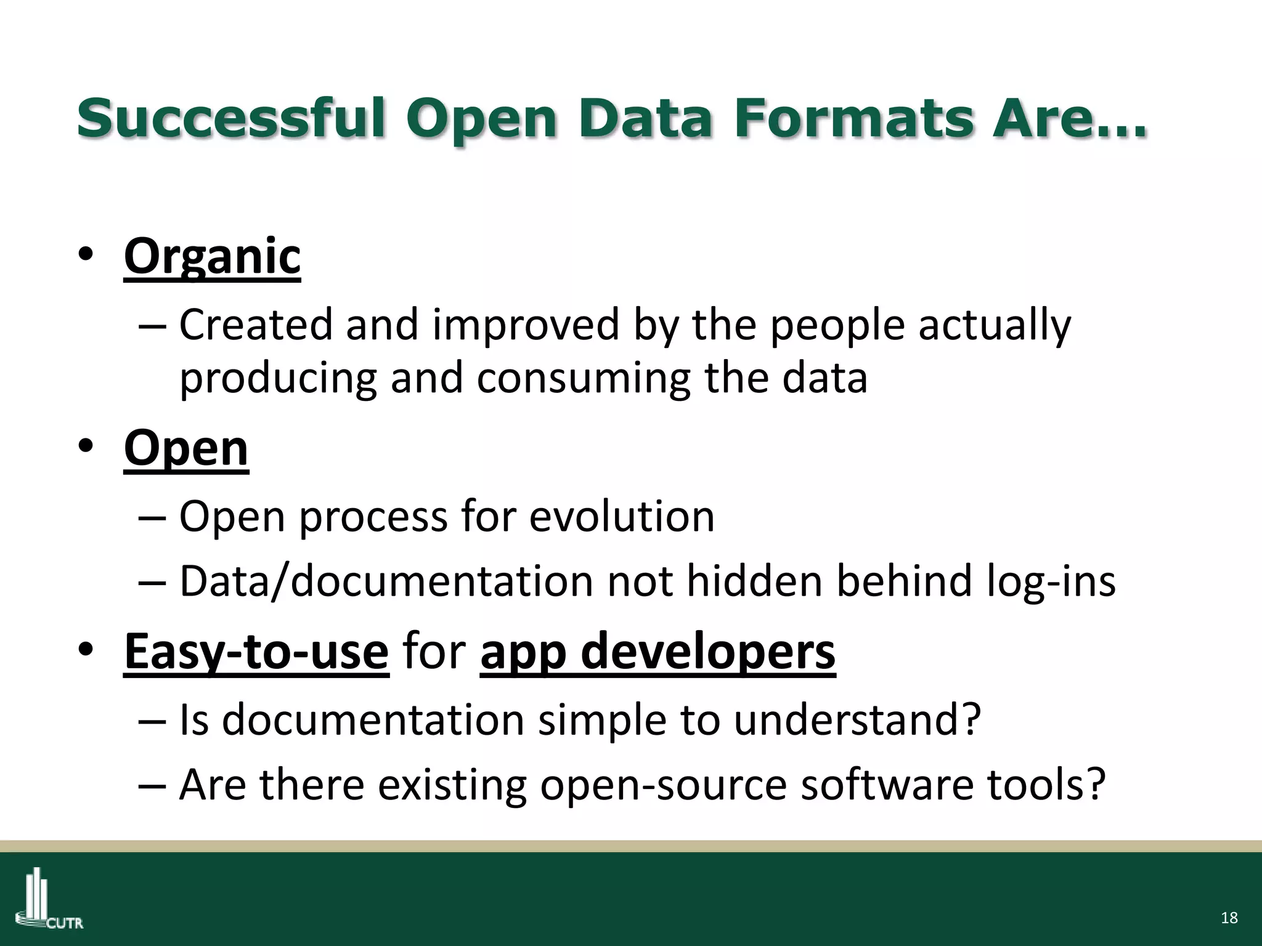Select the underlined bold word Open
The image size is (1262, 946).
(x=186, y=448)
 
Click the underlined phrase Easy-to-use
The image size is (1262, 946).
(x=256, y=652)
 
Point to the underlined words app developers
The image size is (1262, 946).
(x=657, y=652)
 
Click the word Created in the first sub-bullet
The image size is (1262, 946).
(x=256, y=325)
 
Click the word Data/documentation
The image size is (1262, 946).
(x=386, y=581)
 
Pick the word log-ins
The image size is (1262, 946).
(x=1051, y=581)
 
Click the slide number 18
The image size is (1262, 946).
(x=1229, y=918)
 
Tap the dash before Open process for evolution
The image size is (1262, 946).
(x=152, y=517)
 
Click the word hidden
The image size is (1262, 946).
(x=754, y=581)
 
